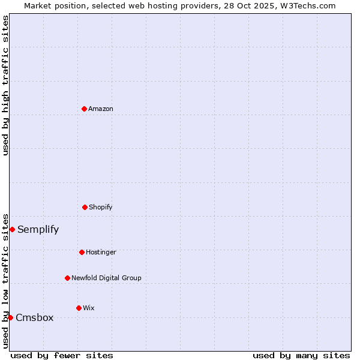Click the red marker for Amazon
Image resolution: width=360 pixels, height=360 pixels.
[84, 109]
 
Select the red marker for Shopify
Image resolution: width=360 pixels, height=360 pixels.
[85, 207]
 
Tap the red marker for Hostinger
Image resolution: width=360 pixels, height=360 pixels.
[82, 252]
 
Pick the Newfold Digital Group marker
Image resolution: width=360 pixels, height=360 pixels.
[67, 278]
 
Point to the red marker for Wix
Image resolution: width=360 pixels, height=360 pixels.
[79, 308]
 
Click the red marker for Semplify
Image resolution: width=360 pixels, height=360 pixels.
[12, 229]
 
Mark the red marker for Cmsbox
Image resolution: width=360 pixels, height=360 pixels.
[10, 317]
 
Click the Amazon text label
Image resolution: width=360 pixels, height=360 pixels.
[101, 109]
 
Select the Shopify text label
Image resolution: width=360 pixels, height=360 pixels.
[101, 207]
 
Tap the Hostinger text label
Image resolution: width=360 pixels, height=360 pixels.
[101, 252]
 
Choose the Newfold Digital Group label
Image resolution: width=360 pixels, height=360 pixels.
[106, 278]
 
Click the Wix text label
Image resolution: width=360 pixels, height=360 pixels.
[89, 308]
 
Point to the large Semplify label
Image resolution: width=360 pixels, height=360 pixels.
[38, 229]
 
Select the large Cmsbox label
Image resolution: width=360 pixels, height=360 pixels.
[35, 317]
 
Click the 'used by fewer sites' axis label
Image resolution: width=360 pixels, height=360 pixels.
[62, 355]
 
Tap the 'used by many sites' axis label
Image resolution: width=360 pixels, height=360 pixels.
[301, 355]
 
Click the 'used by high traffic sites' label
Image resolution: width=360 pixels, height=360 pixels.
[5, 86]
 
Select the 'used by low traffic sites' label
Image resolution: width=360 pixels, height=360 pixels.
[5, 280]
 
